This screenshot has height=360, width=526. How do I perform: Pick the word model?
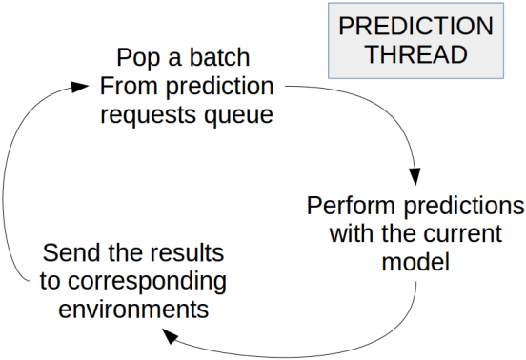pyautogui.click(x=415, y=262)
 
